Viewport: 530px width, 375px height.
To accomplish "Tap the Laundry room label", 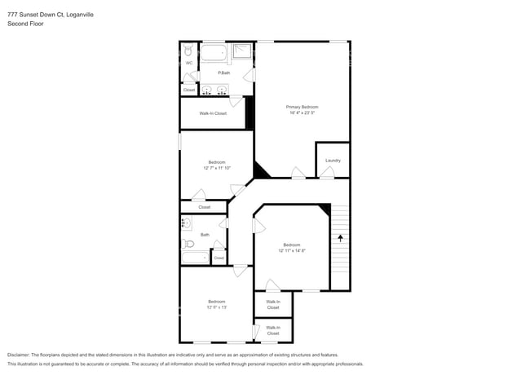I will tap(333, 160).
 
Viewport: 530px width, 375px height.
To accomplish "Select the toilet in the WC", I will tap(188, 50).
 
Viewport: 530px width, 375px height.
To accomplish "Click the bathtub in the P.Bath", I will tap(214, 55).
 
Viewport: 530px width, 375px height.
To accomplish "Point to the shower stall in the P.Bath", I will tap(243, 53).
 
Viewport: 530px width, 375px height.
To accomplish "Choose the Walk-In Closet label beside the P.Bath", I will tap(213, 113).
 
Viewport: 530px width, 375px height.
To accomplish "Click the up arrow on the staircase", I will tap(340, 238).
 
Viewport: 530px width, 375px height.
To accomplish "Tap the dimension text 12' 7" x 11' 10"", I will tap(217, 168).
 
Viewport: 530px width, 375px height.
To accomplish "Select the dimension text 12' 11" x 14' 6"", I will tap(292, 250).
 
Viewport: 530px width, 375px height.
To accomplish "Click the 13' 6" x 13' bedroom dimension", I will tap(216, 307).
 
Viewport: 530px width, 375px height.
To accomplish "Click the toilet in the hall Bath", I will tap(188, 243).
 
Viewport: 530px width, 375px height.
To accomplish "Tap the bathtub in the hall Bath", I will tap(194, 258).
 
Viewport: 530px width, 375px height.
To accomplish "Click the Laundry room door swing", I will tap(326, 173).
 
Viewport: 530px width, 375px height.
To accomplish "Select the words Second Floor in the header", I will tap(25, 24).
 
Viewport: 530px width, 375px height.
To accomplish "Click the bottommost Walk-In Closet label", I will tap(272, 330).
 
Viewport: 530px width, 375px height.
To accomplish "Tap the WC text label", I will tap(188, 63).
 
